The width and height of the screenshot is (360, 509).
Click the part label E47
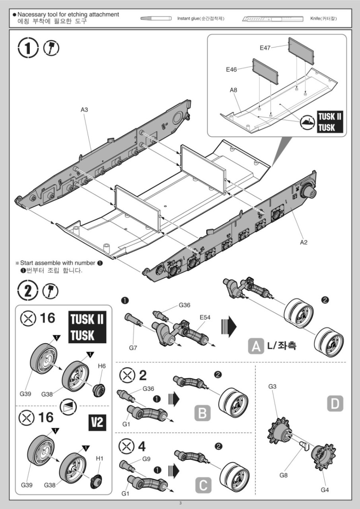pos(265,48)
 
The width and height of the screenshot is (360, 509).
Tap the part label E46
pos(231,69)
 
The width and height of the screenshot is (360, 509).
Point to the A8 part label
pos(234,90)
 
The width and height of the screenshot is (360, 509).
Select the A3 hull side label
pos(84,110)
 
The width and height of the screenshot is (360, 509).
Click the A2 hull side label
pos(304,242)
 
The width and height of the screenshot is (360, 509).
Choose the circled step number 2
pos(27,291)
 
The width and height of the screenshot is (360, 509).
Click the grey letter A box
pos(256,346)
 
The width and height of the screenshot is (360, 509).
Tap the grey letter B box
pos(202,414)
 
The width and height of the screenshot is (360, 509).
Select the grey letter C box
pos(202,485)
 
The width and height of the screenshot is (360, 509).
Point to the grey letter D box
pos(335,404)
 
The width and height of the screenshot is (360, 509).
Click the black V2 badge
pos(97,423)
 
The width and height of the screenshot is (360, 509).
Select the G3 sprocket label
pos(272,386)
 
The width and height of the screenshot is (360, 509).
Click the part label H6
pos(102,366)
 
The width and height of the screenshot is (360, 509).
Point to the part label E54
pos(205,317)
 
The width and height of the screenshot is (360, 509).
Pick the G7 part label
pos(134,348)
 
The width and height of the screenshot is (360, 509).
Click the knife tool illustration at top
pos(272,19)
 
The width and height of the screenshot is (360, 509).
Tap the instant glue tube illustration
pos(156,18)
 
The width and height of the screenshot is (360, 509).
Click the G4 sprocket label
pos(325,490)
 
